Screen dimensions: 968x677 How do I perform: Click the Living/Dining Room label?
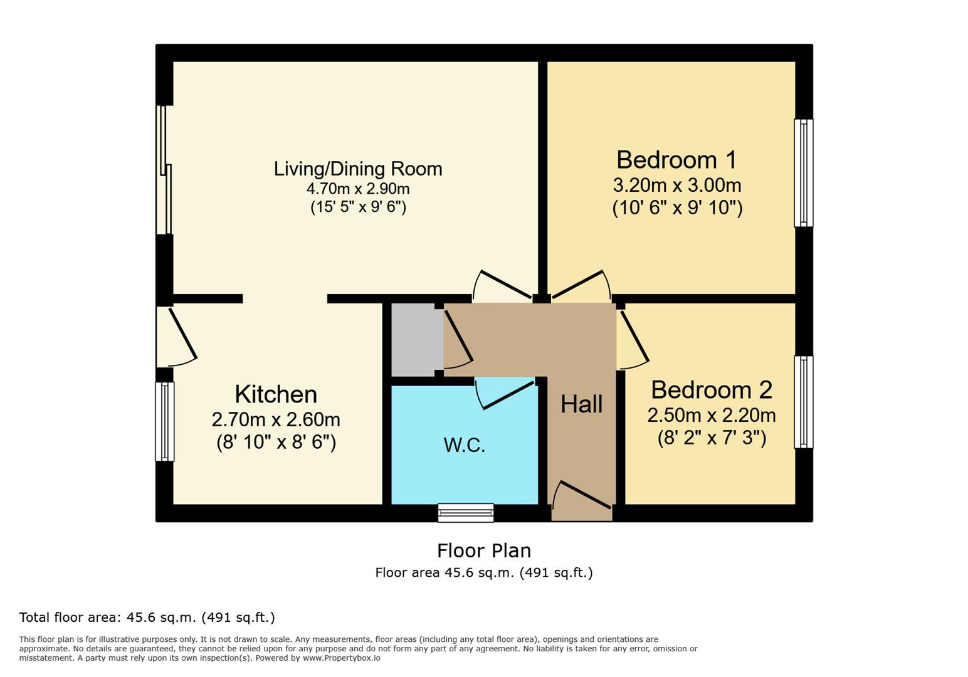(358, 169)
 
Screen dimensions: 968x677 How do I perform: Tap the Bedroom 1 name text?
(676, 160)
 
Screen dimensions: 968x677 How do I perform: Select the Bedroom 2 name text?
(712, 390)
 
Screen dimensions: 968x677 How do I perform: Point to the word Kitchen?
(276, 394)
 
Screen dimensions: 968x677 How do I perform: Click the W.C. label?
(465, 445)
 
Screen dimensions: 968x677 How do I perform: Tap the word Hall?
(581, 404)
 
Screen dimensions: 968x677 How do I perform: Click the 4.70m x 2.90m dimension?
(358, 189)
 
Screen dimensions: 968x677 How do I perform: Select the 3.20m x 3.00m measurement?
(676, 186)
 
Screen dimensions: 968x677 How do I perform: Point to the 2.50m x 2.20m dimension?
(712, 415)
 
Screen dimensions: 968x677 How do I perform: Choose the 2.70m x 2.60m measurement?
(276, 419)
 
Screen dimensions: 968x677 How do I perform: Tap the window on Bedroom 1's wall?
(803, 173)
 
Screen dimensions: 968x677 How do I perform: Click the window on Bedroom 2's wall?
(803, 402)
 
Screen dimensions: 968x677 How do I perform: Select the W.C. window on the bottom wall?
(465, 513)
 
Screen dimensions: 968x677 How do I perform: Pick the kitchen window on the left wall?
(165, 421)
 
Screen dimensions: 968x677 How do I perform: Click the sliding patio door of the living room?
(165, 170)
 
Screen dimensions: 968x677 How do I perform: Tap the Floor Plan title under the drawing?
(483, 551)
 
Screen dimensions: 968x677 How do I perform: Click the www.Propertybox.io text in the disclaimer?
(342, 658)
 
